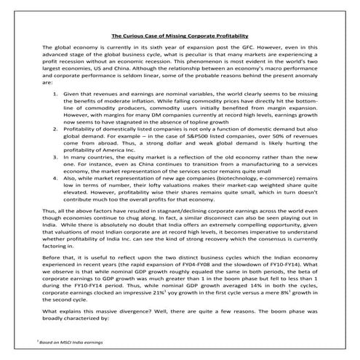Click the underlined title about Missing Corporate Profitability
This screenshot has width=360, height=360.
[180, 35]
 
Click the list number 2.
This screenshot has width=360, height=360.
[57, 135]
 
